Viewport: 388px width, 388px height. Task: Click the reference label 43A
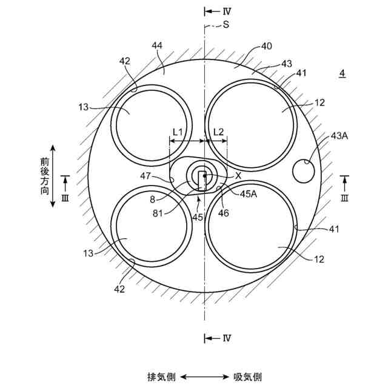point(339,136)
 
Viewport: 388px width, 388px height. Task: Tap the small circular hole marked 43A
point(303,171)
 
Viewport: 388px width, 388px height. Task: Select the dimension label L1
point(178,132)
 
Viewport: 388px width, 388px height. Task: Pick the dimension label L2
point(218,132)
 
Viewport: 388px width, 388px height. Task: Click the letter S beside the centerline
point(226,24)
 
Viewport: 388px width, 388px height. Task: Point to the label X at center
point(238,176)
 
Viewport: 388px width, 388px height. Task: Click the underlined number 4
point(342,73)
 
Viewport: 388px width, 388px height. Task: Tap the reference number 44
point(157,45)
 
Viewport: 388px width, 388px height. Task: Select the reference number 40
point(266,46)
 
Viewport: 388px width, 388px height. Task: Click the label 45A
point(249,194)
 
